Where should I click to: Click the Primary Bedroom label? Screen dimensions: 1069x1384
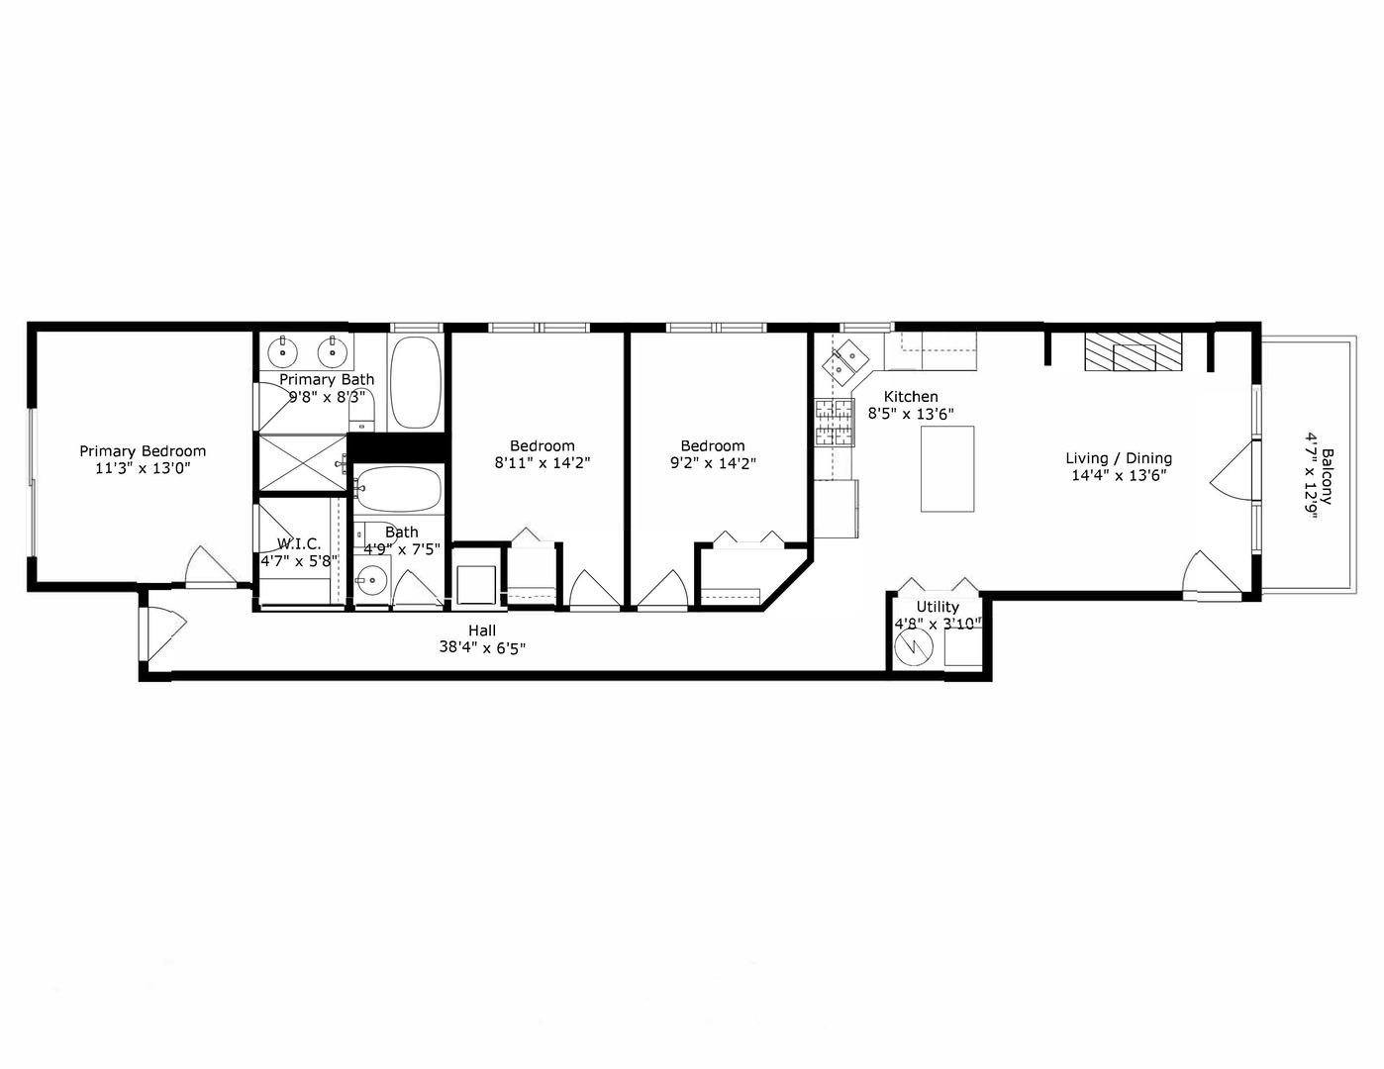[x=143, y=451]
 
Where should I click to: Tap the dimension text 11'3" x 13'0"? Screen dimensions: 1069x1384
[x=143, y=469]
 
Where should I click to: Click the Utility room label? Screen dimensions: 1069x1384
[x=938, y=607]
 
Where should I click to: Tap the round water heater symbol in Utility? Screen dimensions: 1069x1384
[x=914, y=647]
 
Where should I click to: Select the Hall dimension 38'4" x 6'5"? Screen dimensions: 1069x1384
[x=482, y=648]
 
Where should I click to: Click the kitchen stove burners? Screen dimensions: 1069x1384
[x=834, y=423]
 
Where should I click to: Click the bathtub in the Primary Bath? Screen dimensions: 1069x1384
[x=416, y=382]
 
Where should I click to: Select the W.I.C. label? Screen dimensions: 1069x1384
[x=298, y=543]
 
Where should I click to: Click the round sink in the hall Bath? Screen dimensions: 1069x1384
[x=372, y=581]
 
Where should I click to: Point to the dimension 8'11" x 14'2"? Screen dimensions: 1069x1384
[x=543, y=462]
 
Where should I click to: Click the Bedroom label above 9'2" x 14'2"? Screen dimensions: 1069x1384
[x=713, y=445]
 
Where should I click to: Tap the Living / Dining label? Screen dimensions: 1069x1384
[x=1119, y=458]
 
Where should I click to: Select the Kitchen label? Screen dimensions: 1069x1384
[x=911, y=396]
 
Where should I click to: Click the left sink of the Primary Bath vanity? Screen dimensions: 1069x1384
[x=284, y=349]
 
